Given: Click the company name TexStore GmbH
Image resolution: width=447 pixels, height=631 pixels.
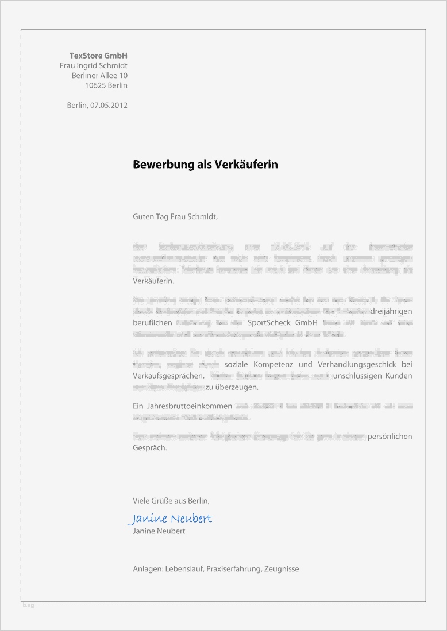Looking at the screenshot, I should tap(98, 56).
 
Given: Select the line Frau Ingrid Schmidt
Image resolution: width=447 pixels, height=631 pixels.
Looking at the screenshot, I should tap(94, 66).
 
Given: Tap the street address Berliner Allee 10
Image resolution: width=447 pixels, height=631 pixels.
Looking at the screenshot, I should tap(99, 76).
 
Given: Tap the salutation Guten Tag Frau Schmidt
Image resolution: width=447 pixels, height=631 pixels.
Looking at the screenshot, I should tap(175, 217).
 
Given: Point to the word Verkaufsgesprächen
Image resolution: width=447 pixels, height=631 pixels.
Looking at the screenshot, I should tap(168, 376).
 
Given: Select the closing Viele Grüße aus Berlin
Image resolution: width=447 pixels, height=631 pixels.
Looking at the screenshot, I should tap(171, 500).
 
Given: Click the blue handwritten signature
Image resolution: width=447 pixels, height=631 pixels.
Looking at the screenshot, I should tap(170, 519).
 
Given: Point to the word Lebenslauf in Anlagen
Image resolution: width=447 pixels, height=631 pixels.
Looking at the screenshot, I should tap(184, 569).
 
